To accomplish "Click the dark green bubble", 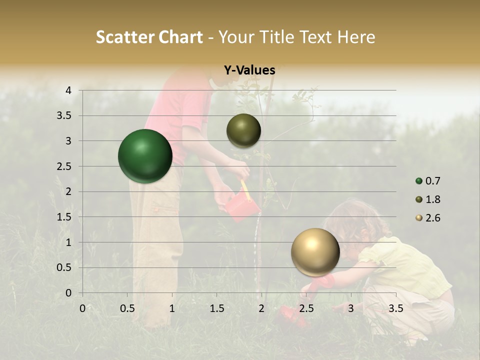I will [x=145, y=156].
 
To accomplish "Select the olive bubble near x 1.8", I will [x=243, y=130].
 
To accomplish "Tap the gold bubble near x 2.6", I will [x=315, y=252].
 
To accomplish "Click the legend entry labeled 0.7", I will [x=428, y=181].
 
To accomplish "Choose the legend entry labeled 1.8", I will [x=428, y=199].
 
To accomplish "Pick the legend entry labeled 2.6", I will [x=428, y=217].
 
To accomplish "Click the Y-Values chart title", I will [x=249, y=70].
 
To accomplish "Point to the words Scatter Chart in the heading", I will [x=149, y=37].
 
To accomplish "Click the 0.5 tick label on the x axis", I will [x=127, y=308].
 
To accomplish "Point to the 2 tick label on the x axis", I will [x=261, y=308].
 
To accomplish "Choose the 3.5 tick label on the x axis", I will [x=395, y=308].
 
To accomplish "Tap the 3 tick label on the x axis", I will [x=350, y=308].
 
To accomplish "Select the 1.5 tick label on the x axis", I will [x=217, y=308].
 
